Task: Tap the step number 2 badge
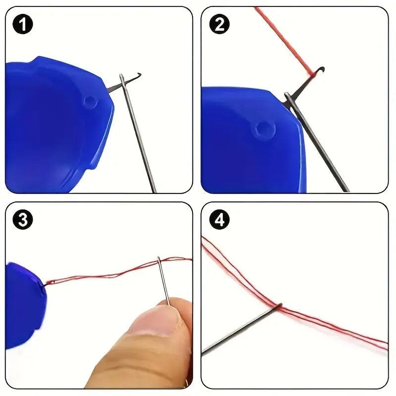coord(219,24)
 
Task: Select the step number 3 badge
coord(23,220)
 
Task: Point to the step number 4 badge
coord(219,220)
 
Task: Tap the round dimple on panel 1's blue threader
coord(90,101)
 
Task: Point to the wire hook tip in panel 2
coord(322,69)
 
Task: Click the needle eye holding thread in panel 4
coord(279,306)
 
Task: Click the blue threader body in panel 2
coord(247,148)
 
